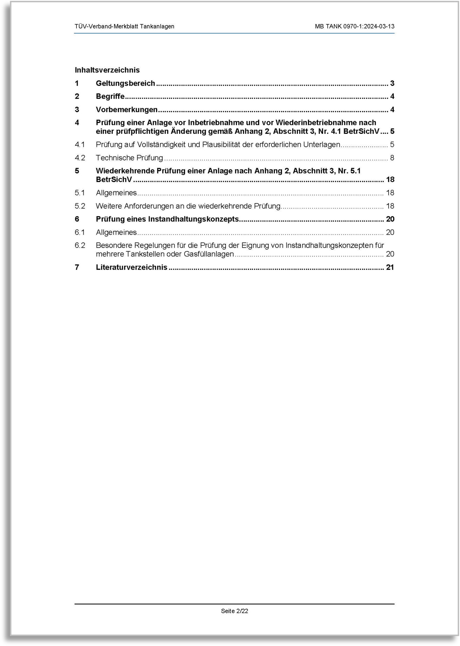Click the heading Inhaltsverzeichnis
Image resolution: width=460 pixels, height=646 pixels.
[107, 70]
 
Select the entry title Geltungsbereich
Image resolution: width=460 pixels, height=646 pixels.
[125, 83]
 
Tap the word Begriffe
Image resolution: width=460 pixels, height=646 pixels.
[110, 96]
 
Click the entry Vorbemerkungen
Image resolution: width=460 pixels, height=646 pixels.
[127, 109]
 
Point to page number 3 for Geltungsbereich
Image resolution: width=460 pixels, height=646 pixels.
[392, 83]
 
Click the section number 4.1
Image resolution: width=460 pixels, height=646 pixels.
[80, 145]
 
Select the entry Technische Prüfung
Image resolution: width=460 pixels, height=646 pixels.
[129, 158]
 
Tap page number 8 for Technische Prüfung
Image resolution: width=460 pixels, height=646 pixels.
[392, 158]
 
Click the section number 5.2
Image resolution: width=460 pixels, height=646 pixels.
[80, 206]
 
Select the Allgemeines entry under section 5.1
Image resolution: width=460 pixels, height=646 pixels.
[116, 193]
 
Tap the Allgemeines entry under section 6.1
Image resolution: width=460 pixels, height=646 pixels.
[116, 232]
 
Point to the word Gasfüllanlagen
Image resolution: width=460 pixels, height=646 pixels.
[209, 254]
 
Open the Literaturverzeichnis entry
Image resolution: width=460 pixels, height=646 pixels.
[131, 267]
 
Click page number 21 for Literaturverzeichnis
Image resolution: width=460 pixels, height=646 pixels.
[390, 267]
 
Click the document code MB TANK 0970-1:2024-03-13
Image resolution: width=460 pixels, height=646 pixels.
[354, 27]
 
